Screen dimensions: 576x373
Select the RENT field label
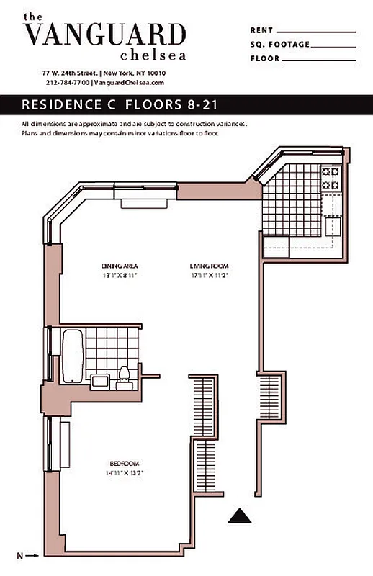click(x=261, y=31)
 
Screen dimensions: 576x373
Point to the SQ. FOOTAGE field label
click(x=279, y=45)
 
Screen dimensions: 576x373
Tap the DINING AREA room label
click(x=118, y=266)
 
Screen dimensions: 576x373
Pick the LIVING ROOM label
click(x=210, y=266)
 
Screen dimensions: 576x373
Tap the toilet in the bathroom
click(x=123, y=376)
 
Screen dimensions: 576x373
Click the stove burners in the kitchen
click(x=330, y=177)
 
